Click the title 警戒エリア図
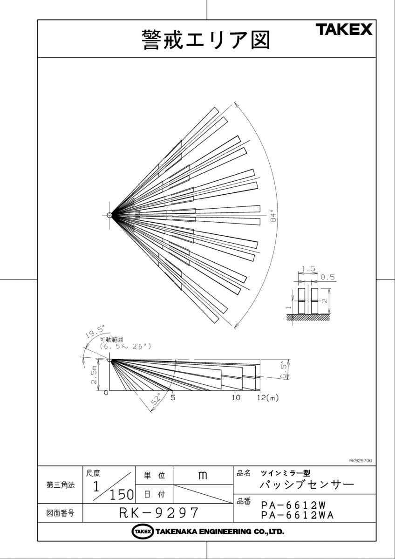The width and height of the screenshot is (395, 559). (206, 40)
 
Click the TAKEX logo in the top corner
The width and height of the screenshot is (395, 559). (344, 29)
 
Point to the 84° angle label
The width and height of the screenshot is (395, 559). (273, 218)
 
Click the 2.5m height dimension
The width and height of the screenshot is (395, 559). (94, 375)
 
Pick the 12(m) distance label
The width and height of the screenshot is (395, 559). (268, 397)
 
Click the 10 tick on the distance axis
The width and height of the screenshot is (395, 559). (236, 397)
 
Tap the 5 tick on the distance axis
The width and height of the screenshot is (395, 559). (173, 397)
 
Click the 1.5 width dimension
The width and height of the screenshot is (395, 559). (308, 269)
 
